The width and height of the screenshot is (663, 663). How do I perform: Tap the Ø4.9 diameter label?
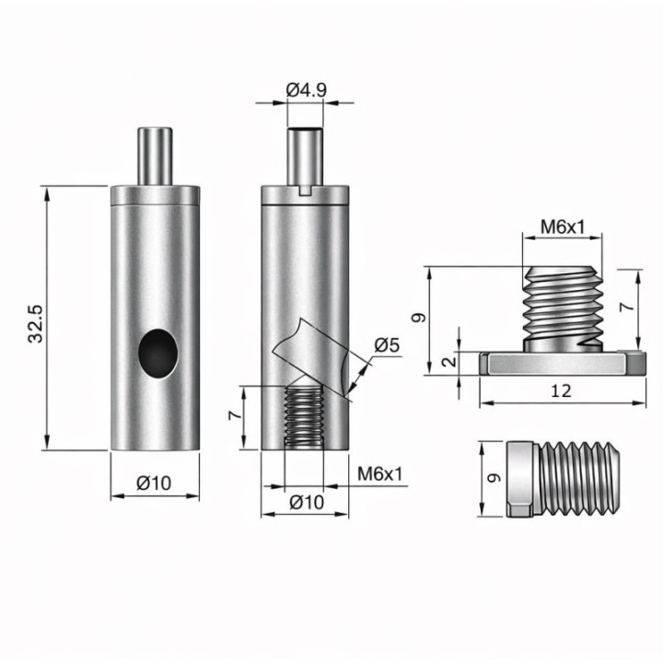(306, 90)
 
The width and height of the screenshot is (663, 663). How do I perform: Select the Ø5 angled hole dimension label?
(387, 345)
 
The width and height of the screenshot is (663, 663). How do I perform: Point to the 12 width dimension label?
(561, 391)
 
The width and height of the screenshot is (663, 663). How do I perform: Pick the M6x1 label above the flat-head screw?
(563, 227)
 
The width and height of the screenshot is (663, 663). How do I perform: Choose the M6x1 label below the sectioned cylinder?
(380, 474)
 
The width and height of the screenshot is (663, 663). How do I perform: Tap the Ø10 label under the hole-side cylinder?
(155, 483)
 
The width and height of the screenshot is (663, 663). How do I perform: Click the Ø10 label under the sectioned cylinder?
(307, 502)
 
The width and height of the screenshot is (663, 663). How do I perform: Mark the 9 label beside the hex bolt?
(494, 478)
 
